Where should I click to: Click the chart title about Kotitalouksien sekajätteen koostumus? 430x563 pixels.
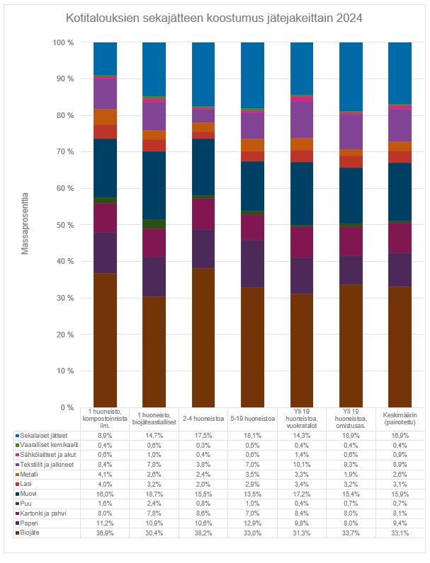tap(214, 18)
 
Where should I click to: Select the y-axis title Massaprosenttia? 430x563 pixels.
tap(26, 225)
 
